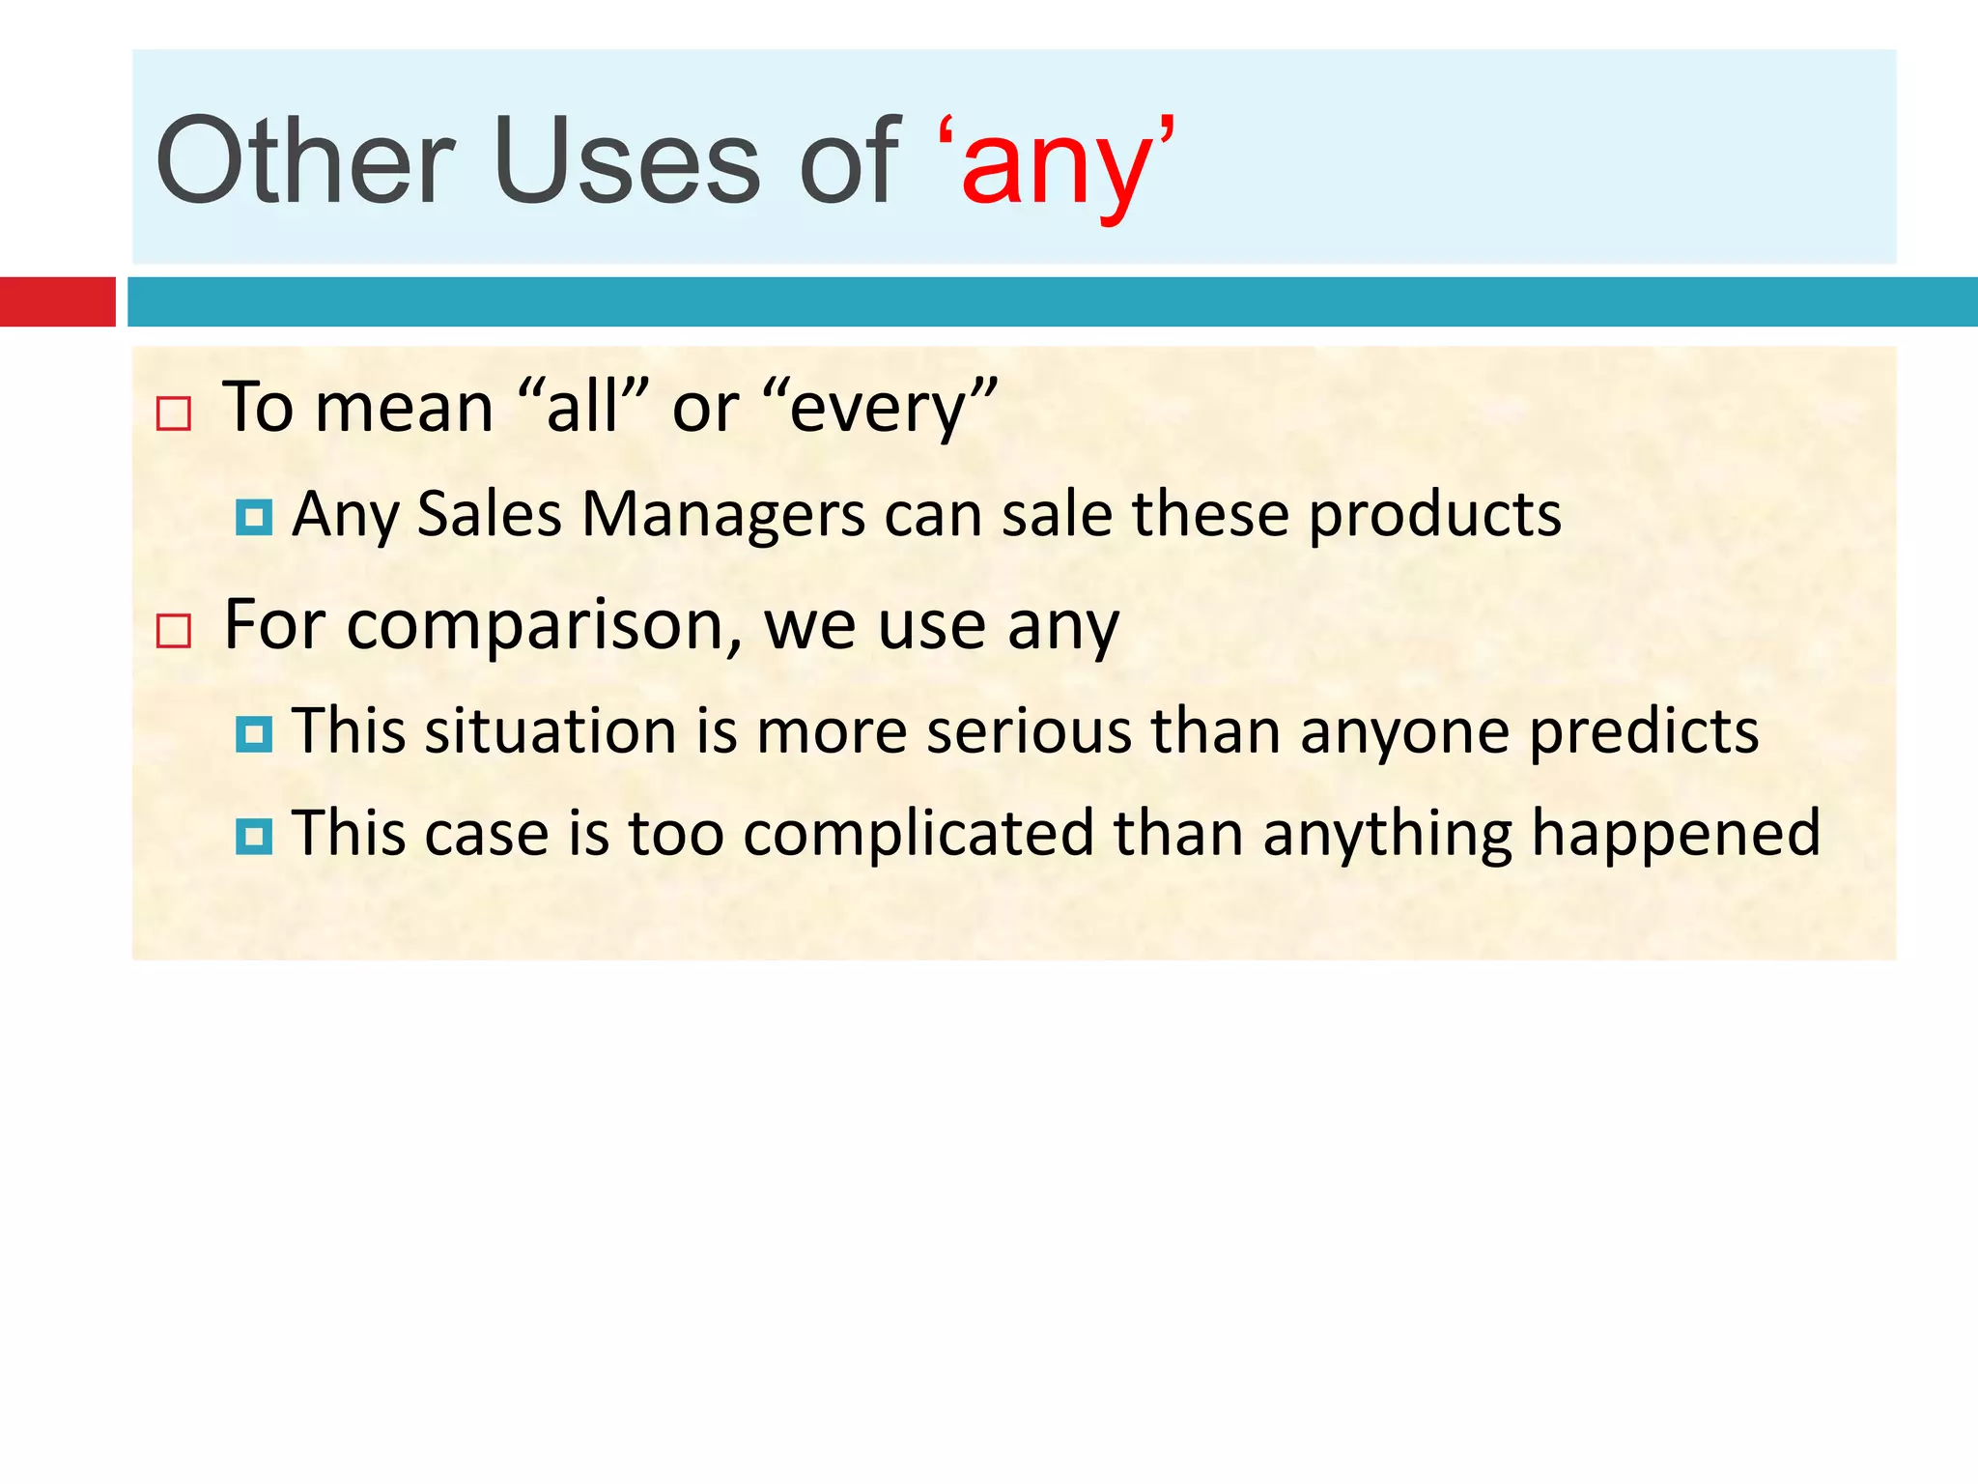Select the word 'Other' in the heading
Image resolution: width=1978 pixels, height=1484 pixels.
(304, 161)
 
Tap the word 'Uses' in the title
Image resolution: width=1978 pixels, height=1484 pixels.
(627, 161)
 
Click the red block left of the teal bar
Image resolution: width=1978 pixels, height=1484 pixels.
(57, 301)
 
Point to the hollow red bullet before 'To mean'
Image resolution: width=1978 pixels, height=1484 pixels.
(174, 414)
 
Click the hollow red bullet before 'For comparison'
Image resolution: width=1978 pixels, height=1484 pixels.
(174, 631)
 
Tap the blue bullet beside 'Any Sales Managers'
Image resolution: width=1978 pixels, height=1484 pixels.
(253, 518)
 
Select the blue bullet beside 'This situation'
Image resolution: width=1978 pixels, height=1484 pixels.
(253, 735)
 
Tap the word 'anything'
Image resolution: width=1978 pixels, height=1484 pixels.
(1387, 834)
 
